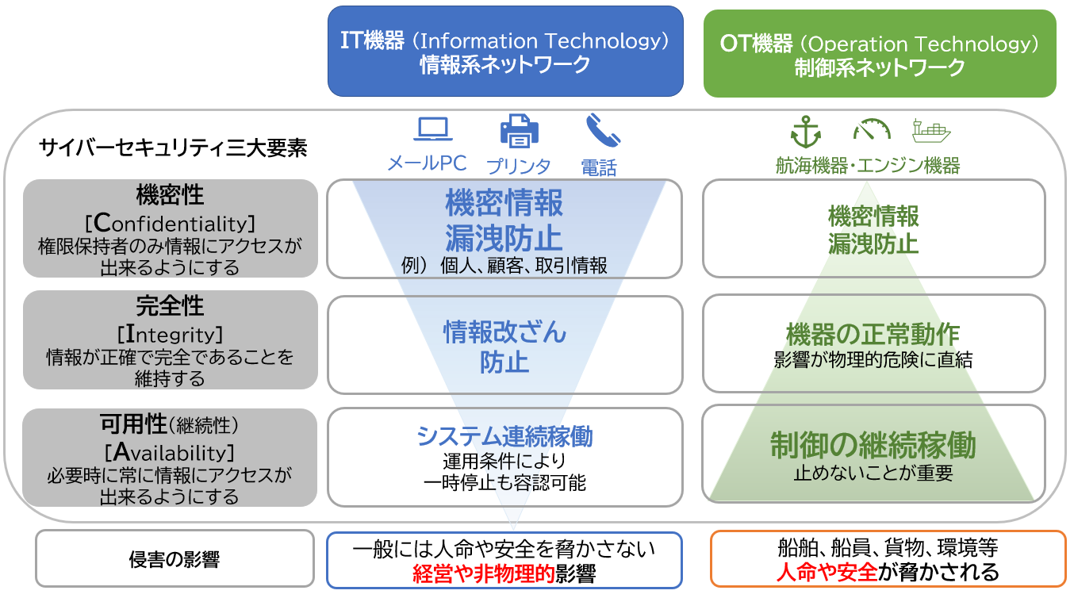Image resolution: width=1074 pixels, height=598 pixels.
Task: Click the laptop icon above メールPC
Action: pos(432,129)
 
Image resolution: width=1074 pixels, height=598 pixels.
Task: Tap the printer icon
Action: pos(520,130)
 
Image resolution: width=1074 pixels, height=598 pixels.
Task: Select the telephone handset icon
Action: pos(603,130)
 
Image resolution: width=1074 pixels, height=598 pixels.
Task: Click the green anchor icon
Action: pos(806,132)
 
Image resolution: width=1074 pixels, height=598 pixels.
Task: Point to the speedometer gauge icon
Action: pos(872,129)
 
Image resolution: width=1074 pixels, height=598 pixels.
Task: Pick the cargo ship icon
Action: pos(931,131)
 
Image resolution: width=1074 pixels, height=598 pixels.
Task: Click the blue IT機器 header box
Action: pos(505,52)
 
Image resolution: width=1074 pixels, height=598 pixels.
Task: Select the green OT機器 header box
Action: pos(880,53)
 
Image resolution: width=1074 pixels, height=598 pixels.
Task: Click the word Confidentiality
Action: pos(171,224)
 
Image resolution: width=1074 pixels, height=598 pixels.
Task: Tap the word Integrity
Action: pos(171,334)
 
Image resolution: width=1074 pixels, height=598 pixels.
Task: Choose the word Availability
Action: pos(170,452)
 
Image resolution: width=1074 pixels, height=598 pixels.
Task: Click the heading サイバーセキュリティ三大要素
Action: pos(173,148)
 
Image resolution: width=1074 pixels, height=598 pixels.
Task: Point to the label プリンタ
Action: pos(519,167)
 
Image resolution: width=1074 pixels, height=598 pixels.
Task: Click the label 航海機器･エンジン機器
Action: pos(868,166)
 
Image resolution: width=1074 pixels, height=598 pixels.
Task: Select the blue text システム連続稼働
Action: pos(505,436)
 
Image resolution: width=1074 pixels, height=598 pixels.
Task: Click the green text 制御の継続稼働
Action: pos(873,445)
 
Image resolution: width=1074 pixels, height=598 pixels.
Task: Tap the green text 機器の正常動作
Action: pos(873,334)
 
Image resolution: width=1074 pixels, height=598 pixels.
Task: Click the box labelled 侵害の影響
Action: pos(175,558)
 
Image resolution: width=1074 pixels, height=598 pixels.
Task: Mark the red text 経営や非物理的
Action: pos(483,573)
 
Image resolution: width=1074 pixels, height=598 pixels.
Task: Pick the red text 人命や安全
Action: pos(827,572)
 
